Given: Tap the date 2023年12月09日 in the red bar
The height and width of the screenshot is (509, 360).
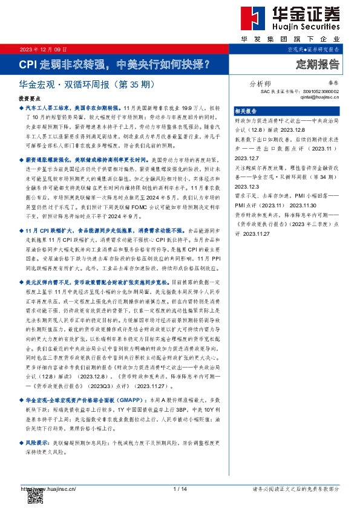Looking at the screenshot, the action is point(44,48).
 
